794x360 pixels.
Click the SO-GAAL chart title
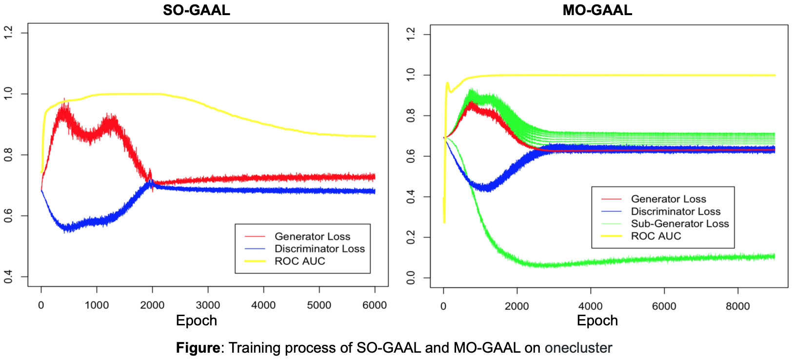[x=197, y=10]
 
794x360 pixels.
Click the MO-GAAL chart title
[x=597, y=10]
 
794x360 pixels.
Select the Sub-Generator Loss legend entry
[x=679, y=224]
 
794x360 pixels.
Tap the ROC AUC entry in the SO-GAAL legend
[x=299, y=261]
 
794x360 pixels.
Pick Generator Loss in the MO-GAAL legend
[x=668, y=199]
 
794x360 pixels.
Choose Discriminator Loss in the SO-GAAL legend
[x=319, y=249]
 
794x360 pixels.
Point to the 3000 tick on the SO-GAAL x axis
[x=208, y=305]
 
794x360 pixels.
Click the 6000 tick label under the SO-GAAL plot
[x=375, y=305]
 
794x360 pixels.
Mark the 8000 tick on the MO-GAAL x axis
[x=737, y=306]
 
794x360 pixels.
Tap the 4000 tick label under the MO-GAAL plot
[x=590, y=306]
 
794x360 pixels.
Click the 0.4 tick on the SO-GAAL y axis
[x=8, y=277]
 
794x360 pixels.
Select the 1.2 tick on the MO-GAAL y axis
[x=411, y=35]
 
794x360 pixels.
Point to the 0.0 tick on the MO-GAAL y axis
[x=411, y=278]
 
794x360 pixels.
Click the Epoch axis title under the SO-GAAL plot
[x=197, y=320]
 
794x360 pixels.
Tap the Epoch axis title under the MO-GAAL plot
[x=597, y=320]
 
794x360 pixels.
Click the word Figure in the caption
[x=198, y=348]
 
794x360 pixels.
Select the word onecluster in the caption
[x=578, y=348]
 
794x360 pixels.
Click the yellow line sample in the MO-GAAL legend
[x=612, y=236]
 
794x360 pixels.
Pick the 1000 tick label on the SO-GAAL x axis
[x=97, y=305]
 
